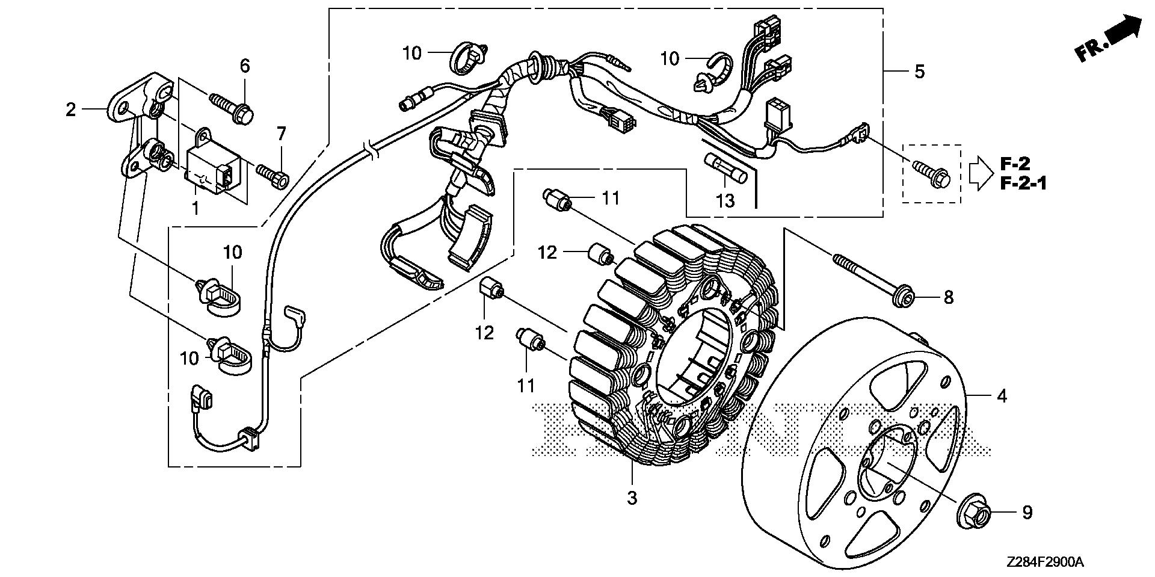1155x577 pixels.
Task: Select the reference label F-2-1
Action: click(x=1023, y=183)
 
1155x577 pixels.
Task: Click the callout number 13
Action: click(x=725, y=200)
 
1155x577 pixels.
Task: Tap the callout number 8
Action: click(x=948, y=297)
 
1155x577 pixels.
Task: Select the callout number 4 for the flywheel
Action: click(x=1002, y=396)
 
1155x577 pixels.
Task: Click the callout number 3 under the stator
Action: click(x=632, y=498)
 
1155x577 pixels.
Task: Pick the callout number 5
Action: click(x=919, y=72)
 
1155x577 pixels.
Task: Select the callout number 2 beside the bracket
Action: click(x=71, y=110)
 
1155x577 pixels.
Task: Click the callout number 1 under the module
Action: click(x=195, y=208)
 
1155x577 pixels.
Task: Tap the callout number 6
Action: click(x=245, y=66)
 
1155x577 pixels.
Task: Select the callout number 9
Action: click(x=1027, y=513)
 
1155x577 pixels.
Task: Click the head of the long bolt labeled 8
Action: click(x=899, y=297)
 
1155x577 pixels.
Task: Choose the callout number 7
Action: click(x=280, y=133)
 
